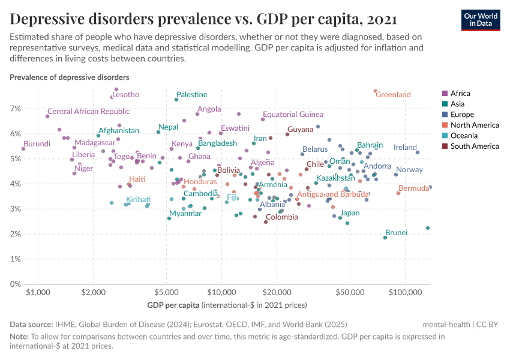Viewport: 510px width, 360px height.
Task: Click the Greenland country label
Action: tap(393, 95)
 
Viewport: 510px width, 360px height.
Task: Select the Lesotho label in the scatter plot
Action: tap(126, 95)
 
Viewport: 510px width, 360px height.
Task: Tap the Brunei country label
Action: tap(396, 232)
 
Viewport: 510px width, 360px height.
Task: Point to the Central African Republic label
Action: tap(88, 112)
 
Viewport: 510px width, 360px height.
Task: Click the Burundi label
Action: tap(37, 144)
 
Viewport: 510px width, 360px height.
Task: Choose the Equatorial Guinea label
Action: tap(293, 115)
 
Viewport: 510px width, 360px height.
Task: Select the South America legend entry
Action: tap(474, 146)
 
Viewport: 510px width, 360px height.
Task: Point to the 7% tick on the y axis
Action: tap(15, 109)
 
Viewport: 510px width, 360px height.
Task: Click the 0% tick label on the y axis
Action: tap(15, 284)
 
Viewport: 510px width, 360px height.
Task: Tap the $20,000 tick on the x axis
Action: tap(277, 292)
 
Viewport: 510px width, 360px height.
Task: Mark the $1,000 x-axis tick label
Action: tap(38, 292)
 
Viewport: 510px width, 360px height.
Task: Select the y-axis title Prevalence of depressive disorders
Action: tap(69, 77)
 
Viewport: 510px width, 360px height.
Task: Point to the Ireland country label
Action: tap(405, 148)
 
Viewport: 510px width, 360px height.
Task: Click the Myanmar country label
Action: tap(185, 214)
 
